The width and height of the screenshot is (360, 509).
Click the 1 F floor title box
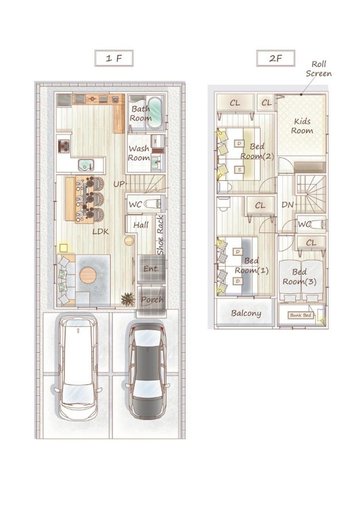coord(114,58)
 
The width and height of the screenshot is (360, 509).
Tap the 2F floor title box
coord(276,59)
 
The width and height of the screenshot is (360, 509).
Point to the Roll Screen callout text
coord(319,68)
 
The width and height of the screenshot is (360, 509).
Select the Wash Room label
coord(139,153)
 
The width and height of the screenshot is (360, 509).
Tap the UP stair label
coord(119,184)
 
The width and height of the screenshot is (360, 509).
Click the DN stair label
coord(288,205)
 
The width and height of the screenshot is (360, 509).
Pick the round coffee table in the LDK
coord(88,275)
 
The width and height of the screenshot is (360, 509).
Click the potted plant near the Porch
coord(126,299)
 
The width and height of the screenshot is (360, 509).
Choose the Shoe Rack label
coord(160,235)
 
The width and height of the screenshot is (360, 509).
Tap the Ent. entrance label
coord(151,269)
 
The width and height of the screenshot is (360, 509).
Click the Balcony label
coord(246,314)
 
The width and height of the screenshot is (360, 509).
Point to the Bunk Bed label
coord(300,315)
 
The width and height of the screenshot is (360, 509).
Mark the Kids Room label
coord(302,126)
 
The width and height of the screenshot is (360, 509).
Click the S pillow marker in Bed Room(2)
coord(239,170)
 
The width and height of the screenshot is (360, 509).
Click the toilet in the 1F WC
coord(152,203)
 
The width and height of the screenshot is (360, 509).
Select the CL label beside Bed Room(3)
coord(311,243)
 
